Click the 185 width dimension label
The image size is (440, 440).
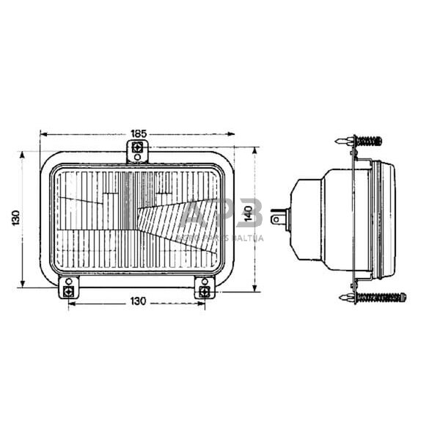(x=138, y=133)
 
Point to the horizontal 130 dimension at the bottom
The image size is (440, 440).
(x=138, y=301)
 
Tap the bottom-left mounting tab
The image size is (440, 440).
(x=68, y=290)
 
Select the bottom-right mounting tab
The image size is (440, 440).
(x=203, y=290)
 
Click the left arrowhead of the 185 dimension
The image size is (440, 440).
(x=43, y=134)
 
